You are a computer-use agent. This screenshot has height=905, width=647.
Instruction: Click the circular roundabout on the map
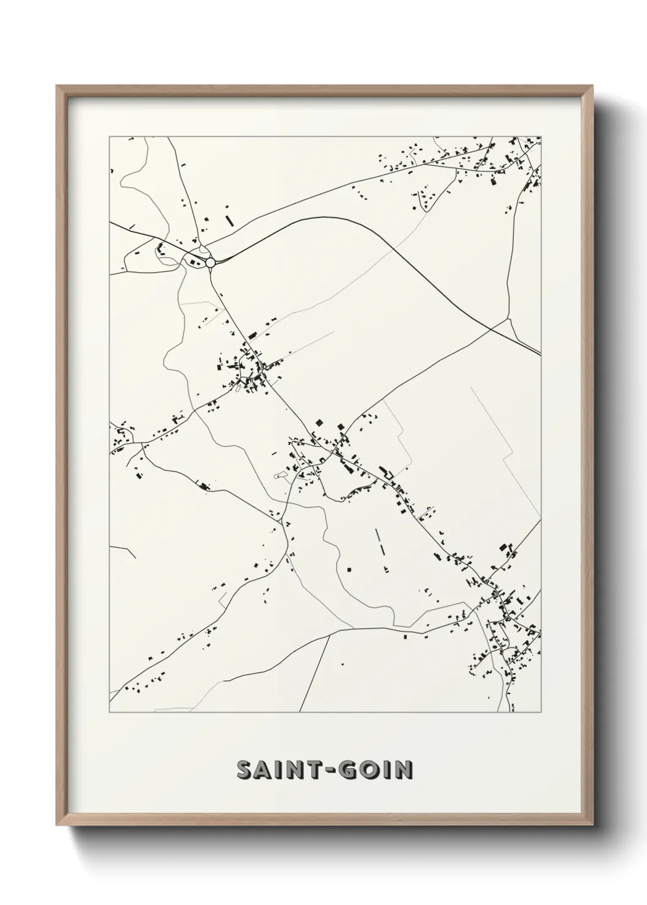210,262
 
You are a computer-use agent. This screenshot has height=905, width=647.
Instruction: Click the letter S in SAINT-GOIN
245,770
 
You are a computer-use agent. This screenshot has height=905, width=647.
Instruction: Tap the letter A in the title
264,770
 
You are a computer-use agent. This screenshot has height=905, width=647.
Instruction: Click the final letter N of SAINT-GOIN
403,770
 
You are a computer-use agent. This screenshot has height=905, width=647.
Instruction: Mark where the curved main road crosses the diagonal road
493,329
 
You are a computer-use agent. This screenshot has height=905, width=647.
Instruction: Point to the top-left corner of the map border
109,137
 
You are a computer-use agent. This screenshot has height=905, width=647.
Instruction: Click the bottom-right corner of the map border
541,712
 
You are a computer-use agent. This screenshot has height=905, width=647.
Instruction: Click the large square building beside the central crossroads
319,423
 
